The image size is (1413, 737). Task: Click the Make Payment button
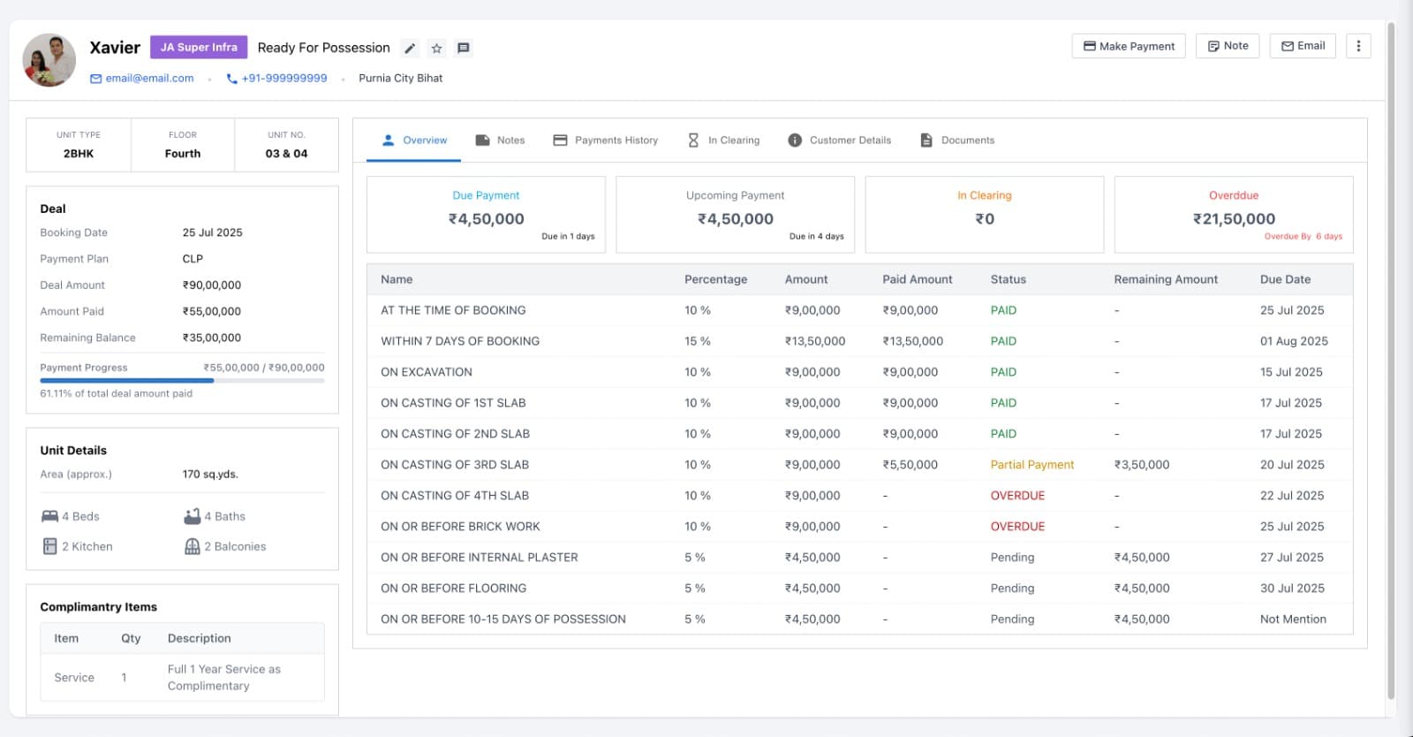pyautogui.click(x=1129, y=46)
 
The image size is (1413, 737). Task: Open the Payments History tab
pyautogui.click(x=606, y=141)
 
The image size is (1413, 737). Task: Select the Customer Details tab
pyautogui.click(x=839, y=141)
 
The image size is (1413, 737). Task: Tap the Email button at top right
pyautogui.click(x=1303, y=46)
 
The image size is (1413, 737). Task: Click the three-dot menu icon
pyautogui.click(x=1358, y=46)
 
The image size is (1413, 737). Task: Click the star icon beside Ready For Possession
pyautogui.click(x=436, y=49)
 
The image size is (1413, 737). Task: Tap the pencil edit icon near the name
pyautogui.click(x=410, y=49)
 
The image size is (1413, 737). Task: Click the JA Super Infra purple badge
pyautogui.click(x=199, y=48)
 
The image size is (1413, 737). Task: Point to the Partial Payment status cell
pyautogui.click(x=1031, y=465)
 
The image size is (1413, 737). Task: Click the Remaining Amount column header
pyautogui.click(x=1165, y=279)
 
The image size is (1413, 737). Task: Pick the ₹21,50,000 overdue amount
pyautogui.click(x=1233, y=219)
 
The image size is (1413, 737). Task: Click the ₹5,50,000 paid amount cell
pyautogui.click(x=910, y=465)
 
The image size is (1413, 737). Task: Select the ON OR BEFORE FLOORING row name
pyautogui.click(x=453, y=589)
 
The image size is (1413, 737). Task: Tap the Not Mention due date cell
pyautogui.click(x=1292, y=619)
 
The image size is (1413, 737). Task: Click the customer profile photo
pyautogui.click(x=49, y=60)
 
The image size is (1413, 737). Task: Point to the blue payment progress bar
pyautogui.click(x=126, y=381)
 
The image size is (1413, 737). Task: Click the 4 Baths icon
pyautogui.click(x=192, y=516)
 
